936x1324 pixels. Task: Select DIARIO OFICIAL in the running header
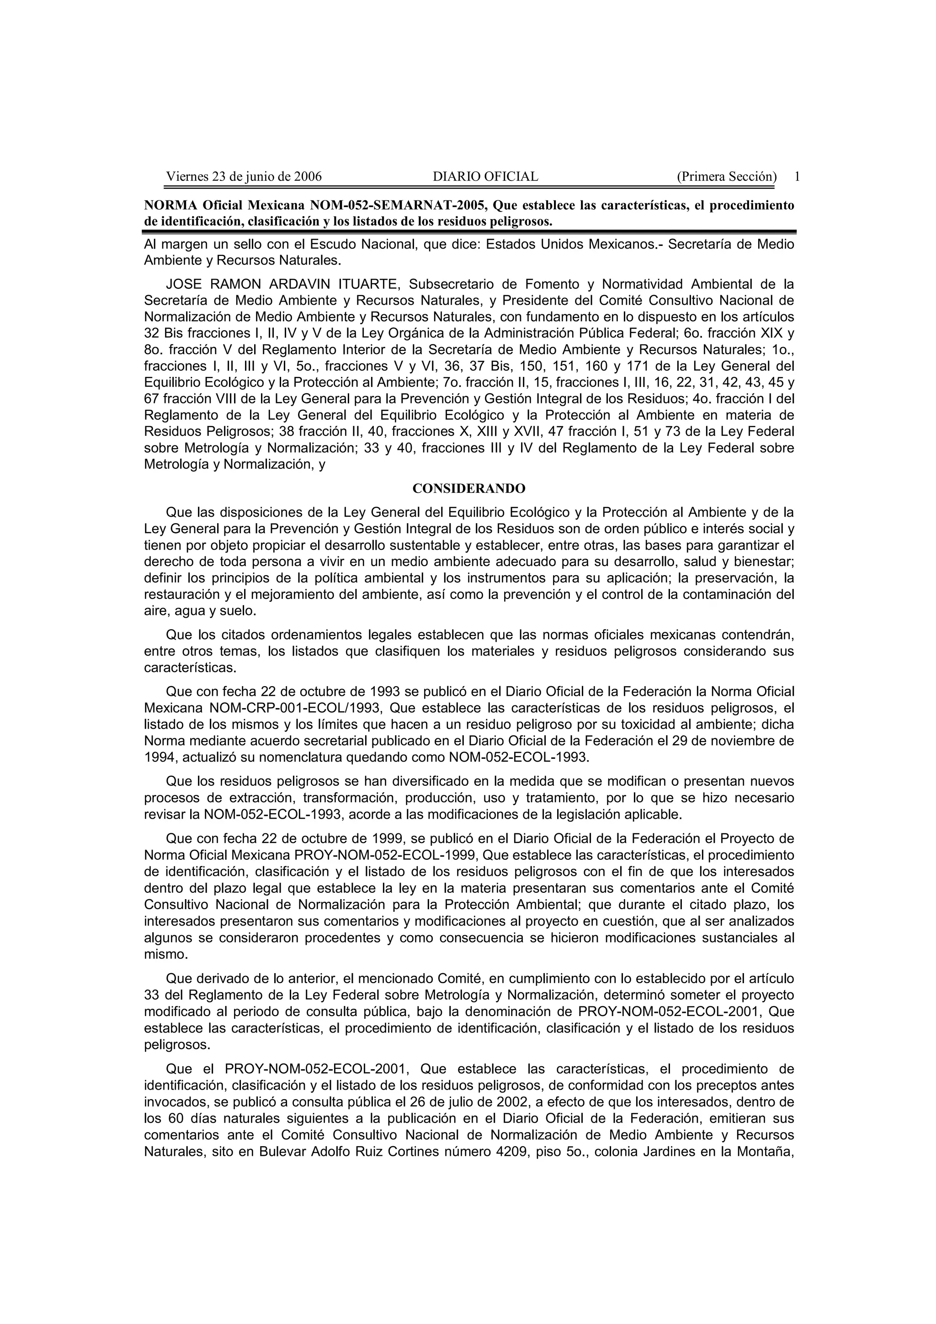click(485, 176)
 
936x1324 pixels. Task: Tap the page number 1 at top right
click(797, 176)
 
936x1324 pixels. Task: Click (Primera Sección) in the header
click(727, 176)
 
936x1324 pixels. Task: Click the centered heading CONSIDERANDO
click(468, 488)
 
